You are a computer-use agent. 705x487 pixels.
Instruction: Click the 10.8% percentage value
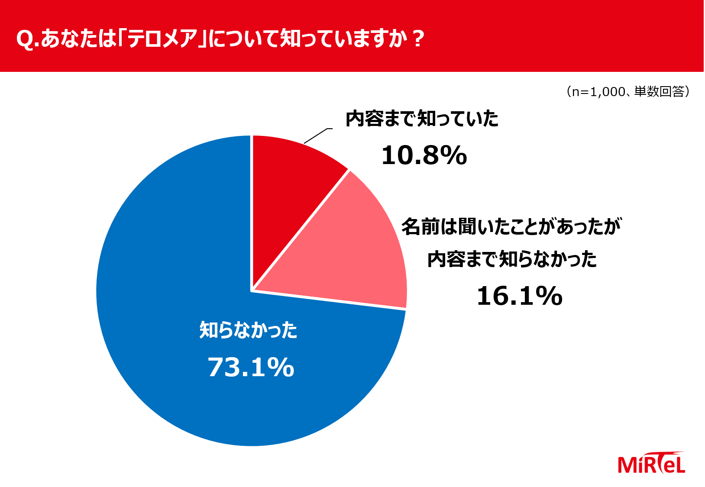[424, 155]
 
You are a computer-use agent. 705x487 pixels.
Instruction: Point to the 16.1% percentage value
[519, 296]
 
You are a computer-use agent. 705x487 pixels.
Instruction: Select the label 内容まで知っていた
[422, 119]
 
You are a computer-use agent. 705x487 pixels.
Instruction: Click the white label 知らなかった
[248, 330]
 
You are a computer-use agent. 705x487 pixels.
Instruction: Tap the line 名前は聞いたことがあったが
[511, 226]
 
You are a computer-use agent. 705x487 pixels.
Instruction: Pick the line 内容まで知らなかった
[512, 260]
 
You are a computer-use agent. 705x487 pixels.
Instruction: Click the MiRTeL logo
[651, 464]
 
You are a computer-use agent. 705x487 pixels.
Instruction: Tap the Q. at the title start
[27, 39]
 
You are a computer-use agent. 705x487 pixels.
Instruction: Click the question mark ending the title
[418, 39]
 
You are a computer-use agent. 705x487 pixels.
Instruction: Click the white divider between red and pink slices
[301, 230]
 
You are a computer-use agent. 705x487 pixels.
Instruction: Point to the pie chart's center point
[252, 290]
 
